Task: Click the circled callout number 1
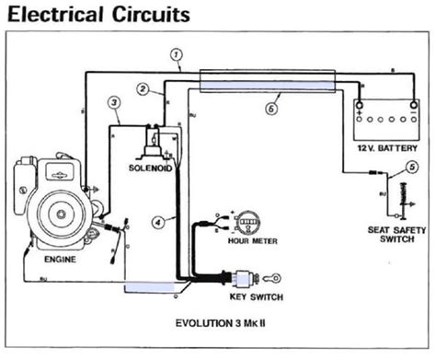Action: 175,54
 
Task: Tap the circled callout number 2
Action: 143,88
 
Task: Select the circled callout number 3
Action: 113,102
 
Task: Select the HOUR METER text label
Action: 249,243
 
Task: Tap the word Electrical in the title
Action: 61,16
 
